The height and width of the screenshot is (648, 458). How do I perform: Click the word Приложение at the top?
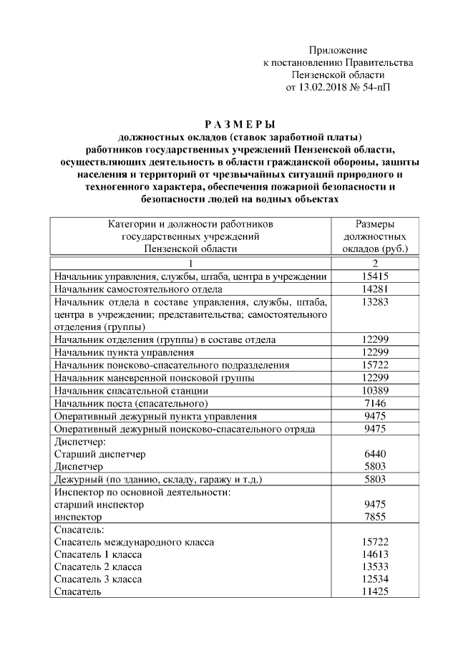[338, 50]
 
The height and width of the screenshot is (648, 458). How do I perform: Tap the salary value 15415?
[376, 276]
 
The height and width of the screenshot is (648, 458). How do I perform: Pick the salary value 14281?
[376, 289]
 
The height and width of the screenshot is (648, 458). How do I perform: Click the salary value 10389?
[376, 390]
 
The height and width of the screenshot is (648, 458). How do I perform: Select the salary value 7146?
[376, 403]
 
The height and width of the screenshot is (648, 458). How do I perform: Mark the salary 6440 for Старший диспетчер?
[376, 454]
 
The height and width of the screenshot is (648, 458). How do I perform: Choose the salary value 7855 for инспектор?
[376, 517]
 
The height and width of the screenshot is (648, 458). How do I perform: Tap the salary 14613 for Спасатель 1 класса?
[376, 554]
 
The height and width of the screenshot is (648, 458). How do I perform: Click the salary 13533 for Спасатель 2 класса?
[376, 566]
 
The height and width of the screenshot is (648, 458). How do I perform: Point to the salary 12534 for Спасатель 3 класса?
[376, 579]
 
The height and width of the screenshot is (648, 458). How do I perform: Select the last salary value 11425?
[376, 591]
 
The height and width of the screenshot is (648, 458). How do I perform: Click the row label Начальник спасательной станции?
[132, 390]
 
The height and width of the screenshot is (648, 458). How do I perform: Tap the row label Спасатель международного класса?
[135, 542]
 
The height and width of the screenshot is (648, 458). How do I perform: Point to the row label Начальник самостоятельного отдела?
[138, 289]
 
